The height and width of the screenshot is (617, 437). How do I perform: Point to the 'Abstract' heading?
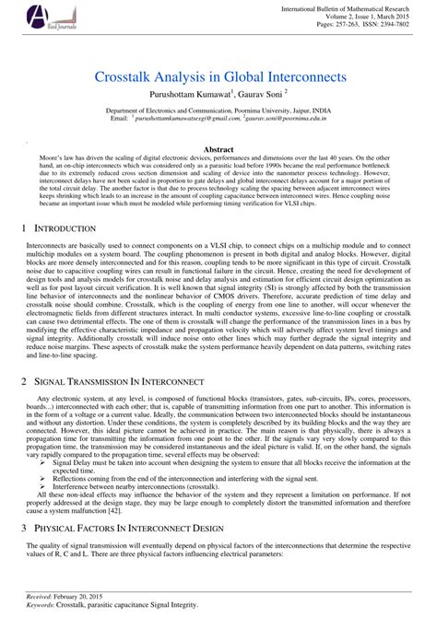[x=218, y=148]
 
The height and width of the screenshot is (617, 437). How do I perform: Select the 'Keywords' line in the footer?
[x=101, y=605]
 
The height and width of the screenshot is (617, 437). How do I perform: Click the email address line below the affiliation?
[x=218, y=118]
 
